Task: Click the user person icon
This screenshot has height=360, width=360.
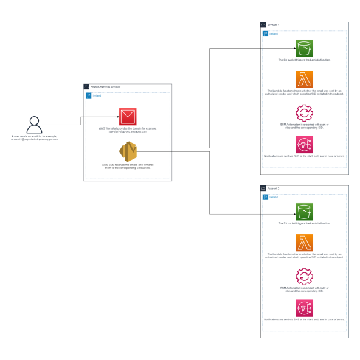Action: [35, 124]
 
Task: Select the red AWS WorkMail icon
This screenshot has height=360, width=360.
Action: [128, 116]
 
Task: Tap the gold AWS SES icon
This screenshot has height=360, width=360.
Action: [128, 151]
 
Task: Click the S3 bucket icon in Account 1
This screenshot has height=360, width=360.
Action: [304, 48]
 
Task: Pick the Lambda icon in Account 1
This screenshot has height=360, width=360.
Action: [304, 79]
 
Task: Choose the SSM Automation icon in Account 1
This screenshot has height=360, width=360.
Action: [304, 112]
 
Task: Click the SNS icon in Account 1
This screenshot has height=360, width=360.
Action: [304, 145]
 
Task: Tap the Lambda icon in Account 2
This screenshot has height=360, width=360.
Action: [304, 243]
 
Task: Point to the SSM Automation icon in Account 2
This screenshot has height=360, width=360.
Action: [304, 276]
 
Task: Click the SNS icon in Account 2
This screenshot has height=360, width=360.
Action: [304, 308]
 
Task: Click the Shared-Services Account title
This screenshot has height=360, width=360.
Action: [106, 88]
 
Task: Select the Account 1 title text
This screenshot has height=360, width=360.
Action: [274, 25]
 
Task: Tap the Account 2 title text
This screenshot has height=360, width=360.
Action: [274, 189]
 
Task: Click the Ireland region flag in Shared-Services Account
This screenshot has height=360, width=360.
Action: [89, 96]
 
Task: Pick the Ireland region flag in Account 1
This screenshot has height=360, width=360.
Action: [265, 33]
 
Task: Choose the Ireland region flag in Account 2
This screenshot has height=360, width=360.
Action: [265, 197]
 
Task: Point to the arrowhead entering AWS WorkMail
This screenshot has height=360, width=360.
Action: [117, 116]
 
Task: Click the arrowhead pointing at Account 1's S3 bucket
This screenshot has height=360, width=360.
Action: [294, 48]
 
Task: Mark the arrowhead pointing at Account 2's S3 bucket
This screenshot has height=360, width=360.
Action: [294, 213]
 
